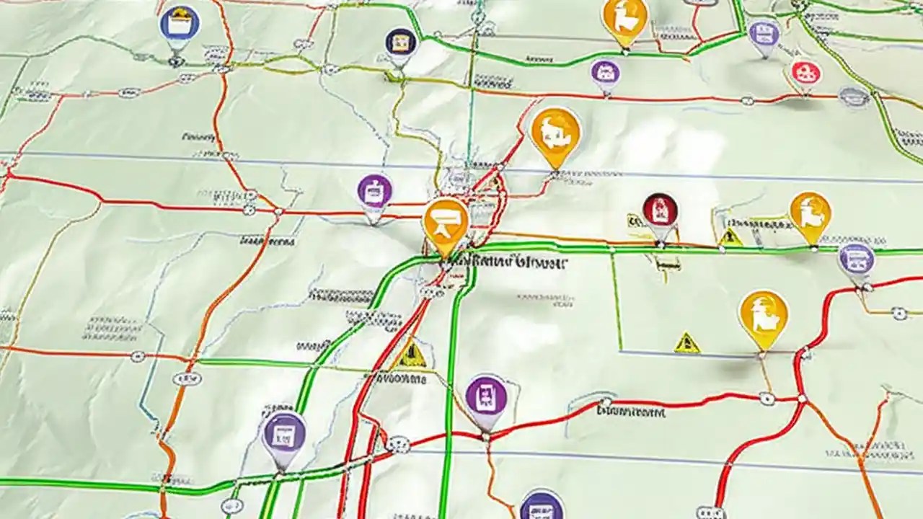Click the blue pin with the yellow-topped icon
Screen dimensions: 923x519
point(179,25)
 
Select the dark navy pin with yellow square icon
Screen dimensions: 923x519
point(400,43)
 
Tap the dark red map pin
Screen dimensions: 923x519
point(660,210)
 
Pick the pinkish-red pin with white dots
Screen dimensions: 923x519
point(805,72)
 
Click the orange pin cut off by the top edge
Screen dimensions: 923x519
point(624,19)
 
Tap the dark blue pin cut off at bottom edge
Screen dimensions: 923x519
point(542,505)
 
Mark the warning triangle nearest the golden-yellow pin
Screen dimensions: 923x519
point(686,342)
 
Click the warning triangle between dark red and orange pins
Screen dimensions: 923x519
point(730,236)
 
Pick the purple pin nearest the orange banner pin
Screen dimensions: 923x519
point(374,192)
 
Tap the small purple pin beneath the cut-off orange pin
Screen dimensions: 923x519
point(605,72)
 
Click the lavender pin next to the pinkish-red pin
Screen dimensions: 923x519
point(764,33)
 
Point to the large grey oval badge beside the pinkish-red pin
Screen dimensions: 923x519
point(854,97)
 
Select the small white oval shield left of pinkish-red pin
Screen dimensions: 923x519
point(748,101)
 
